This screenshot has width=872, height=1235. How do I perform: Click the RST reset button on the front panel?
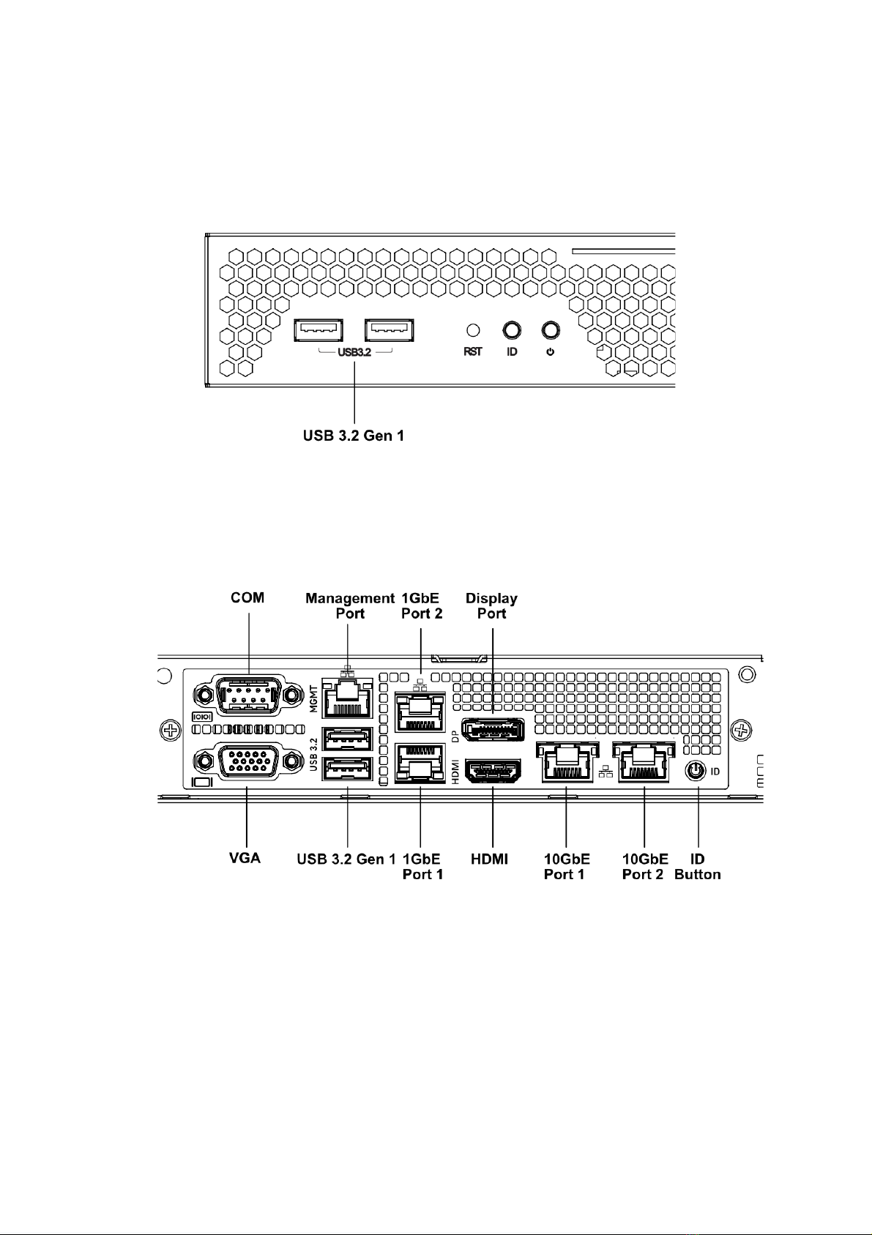[474, 330]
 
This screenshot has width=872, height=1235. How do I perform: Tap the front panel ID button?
[512, 330]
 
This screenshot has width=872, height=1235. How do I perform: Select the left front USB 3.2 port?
[318, 331]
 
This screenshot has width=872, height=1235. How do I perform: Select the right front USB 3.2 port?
[389, 331]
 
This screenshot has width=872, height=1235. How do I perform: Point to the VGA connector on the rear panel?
[247, 762]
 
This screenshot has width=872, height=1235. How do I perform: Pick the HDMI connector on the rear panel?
[493, 772]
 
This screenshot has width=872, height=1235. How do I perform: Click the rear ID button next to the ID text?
[695, 771]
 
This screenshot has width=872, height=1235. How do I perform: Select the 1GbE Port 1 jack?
[420, 763]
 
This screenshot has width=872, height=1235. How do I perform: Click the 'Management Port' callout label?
[349, 605]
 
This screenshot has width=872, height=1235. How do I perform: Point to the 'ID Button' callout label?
[697, 866]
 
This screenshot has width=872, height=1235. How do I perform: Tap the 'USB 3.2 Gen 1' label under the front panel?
[354, 436]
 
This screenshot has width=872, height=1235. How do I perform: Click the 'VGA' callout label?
[245, 858]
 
